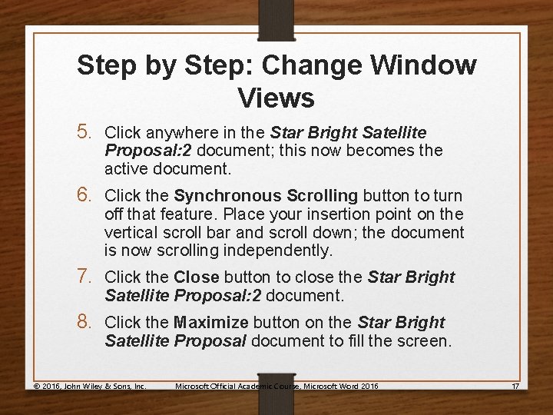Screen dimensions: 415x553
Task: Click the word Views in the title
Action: pos(276,98)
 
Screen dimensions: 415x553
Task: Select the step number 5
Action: pos(88,133)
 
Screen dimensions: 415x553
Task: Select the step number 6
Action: pos(88,195)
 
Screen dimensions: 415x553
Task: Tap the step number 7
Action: pos(88,277)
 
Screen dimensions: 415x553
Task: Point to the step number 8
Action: pos(88,322)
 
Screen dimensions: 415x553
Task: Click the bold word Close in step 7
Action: pos(196,277)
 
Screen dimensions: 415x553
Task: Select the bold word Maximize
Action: pos(210,323)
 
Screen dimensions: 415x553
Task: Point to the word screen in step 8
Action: pos(427,341)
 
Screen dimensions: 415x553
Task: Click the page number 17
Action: pos(515,385)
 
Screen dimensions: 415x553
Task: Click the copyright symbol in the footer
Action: pos(37,385)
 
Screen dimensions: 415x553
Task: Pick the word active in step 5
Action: pos(125,168)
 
